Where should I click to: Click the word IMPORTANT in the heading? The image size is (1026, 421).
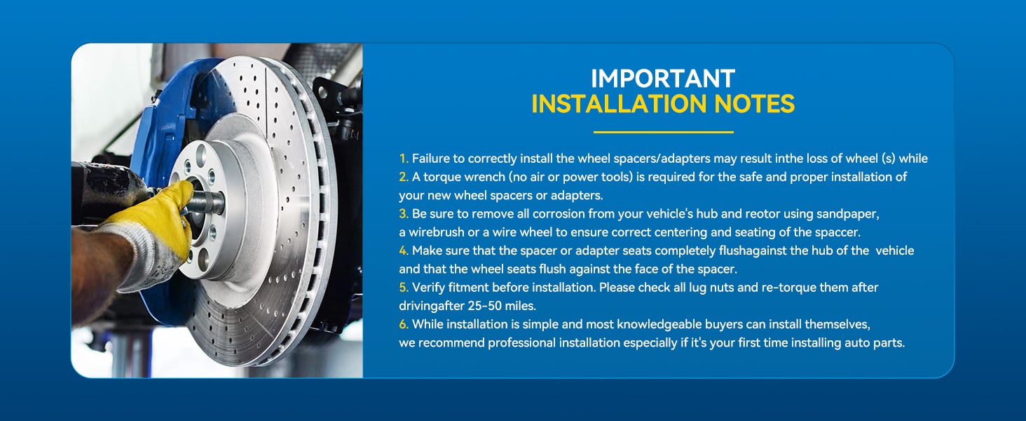[x=662, y=78]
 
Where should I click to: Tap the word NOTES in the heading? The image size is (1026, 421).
[x=753, y=104]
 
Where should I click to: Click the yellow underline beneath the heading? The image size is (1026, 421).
[x=663, y=132]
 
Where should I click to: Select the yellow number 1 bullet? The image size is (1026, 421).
[x=403, y=159]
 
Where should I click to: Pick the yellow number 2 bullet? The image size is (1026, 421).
[x=403, y=178]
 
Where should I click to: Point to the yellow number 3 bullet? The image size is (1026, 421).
[x=403, y=213]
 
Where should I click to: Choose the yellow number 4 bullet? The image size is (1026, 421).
[x=403, y=250]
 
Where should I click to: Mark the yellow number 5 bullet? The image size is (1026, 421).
[x=403, y=288]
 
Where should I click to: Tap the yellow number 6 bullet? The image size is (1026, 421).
[x=403, y=324]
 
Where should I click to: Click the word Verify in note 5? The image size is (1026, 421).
[x=428, y=288]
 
